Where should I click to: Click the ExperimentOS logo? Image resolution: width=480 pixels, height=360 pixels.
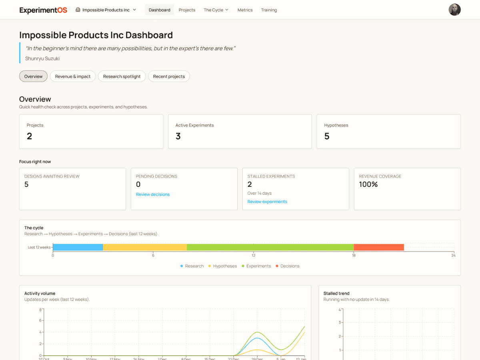tap(43, 10)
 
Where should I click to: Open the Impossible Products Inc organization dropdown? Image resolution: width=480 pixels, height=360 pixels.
tap(106, 10)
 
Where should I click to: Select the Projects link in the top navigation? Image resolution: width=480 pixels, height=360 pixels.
tap(187, 10)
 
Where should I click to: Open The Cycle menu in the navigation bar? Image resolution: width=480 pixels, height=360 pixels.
tap(216, 10)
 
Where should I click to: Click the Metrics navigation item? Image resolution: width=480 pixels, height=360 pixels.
tap(245, 10)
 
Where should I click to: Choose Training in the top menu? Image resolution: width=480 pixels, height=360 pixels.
tap(269, 10)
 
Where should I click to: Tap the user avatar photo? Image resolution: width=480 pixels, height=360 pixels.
tap(454, 10)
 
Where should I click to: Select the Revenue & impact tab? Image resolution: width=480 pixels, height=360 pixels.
tap(73, 76)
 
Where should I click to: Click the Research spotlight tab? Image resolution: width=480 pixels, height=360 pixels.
tap(122, 76)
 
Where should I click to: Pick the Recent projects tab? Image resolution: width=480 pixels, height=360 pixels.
tap(169, 76)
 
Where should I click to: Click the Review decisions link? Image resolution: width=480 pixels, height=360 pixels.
tap(152, 194)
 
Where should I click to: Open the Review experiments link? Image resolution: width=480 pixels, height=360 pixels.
tap(267, 202)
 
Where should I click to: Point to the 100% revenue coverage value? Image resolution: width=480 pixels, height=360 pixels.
tap(368, 184)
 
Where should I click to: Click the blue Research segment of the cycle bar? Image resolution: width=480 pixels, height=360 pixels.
tap(78, 247)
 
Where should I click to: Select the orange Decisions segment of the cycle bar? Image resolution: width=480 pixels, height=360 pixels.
tap(379, 247)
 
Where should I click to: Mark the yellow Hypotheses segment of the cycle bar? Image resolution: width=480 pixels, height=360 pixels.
tap(145, 247)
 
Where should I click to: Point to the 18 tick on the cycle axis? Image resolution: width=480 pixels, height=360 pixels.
tap(354, 255)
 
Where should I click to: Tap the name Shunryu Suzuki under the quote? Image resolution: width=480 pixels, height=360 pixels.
tap(42, 58)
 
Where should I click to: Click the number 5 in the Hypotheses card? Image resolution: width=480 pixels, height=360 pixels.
tap(327, 136)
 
